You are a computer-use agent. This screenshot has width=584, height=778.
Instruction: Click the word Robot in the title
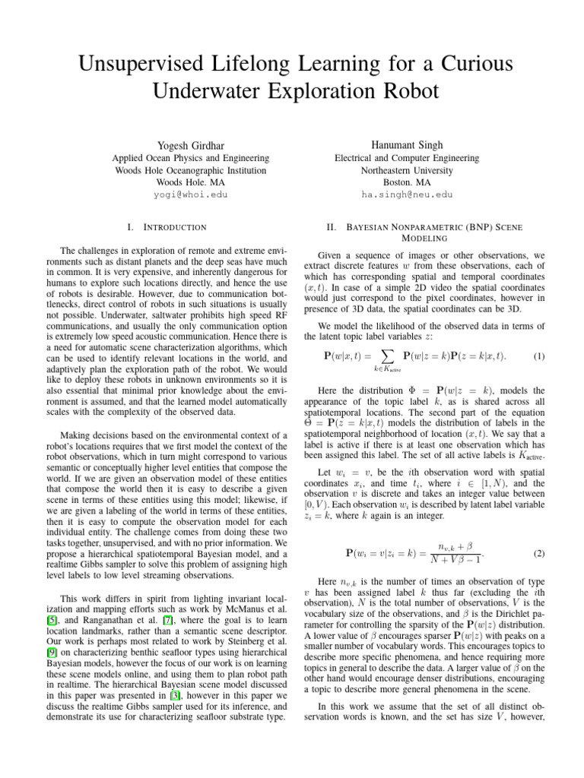click(x=403, y=92)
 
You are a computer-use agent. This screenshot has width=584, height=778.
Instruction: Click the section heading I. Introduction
click(x=170, y=227)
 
